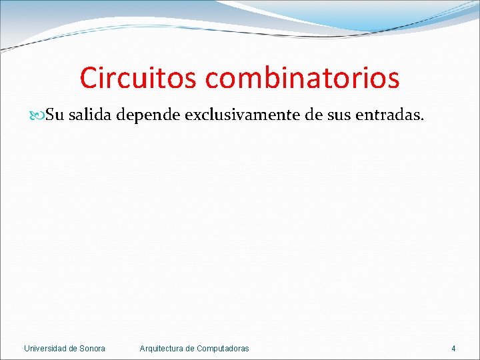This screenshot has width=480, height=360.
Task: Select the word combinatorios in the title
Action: (x=302, y=77)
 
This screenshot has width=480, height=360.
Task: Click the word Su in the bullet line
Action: (x=55, y=115)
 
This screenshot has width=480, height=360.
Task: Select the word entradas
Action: (x=387, y=115)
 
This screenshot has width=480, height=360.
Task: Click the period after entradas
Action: (x=421, y=119)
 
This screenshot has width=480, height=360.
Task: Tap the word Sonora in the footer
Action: (x=93, y=348)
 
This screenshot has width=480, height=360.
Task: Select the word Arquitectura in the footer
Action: (x=162, y=348)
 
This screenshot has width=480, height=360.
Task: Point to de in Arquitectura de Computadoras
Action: (x=191, y=348)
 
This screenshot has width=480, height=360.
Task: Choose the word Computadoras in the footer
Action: (x=223, y=348)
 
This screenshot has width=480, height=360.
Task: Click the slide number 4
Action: (x=453, y=348)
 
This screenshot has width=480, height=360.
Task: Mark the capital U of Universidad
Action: (x=27, y=348)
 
